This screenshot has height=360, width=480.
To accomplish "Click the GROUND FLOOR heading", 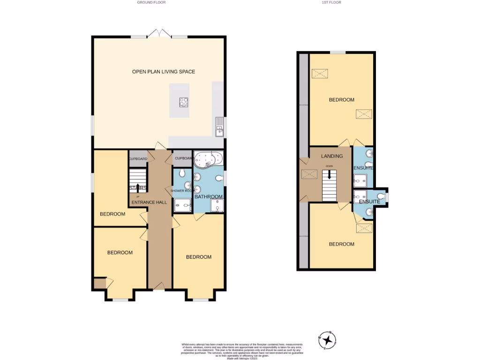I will [x=151, y=2].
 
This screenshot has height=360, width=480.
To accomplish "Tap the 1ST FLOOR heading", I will [x=331, y=2].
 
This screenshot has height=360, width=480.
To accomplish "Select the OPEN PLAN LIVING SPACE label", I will [x=163, y=72].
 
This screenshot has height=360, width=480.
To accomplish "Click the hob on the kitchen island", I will [x=184, y=102].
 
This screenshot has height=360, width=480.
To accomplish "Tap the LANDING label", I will [x=332, y=156].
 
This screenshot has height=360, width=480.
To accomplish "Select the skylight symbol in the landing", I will [x=309, y=174].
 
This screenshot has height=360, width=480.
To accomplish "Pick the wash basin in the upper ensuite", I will [x=369, y=154].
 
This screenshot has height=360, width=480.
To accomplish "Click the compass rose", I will [x=327, y=340].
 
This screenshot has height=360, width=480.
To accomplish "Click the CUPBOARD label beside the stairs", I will [x=138, y=159].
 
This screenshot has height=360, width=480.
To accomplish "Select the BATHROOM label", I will [x=208, y=196].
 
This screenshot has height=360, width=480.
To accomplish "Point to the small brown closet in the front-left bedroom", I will [x=99, y=284].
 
